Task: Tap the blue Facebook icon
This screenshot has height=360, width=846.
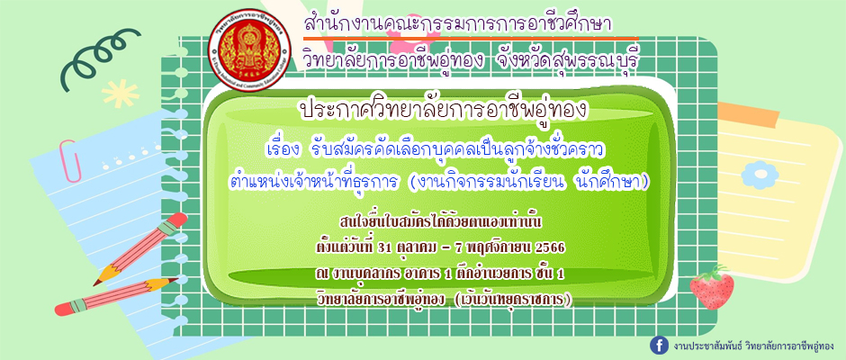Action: point(657,345)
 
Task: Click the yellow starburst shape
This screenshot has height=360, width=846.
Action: point(121,94)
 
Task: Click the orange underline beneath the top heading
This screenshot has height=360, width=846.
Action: point(471,39)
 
